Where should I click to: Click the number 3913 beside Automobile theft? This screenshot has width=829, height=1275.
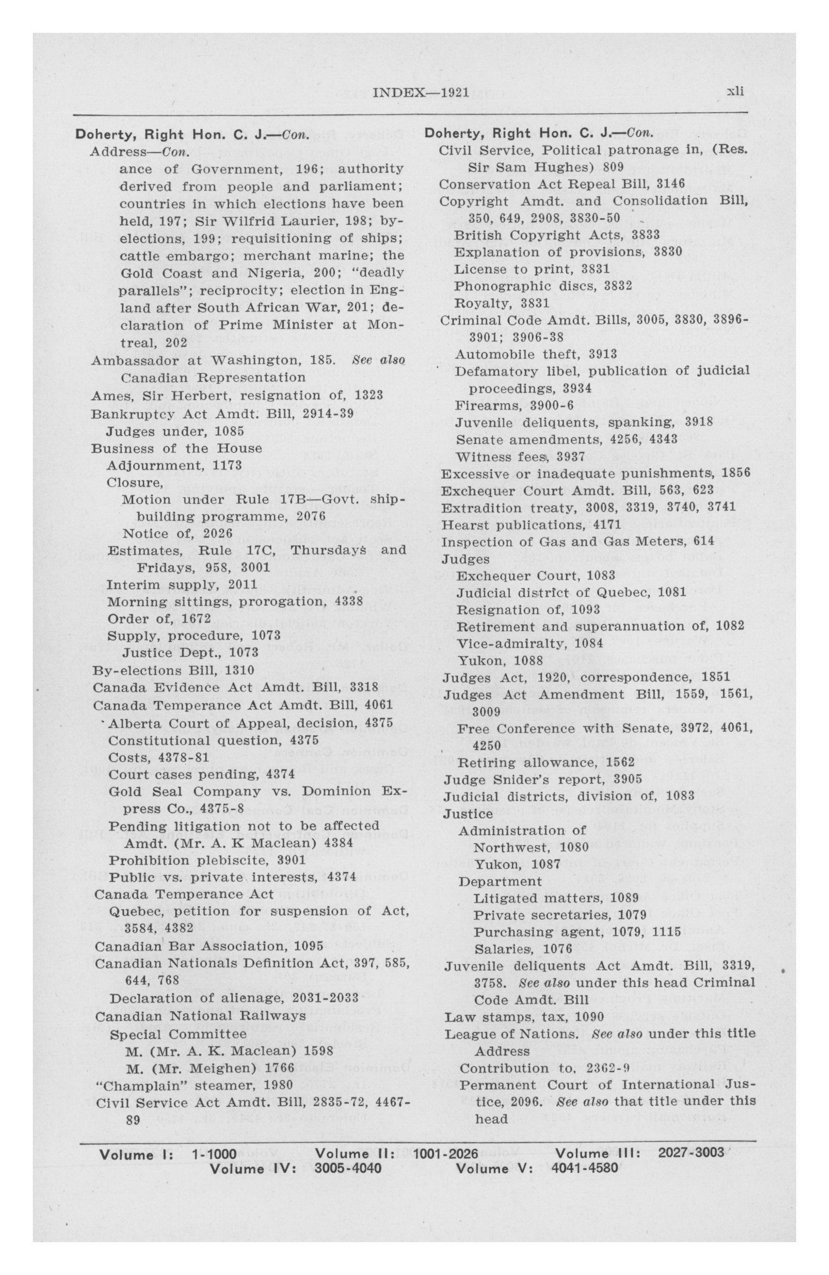pyautogui.click(x=602, y=354)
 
